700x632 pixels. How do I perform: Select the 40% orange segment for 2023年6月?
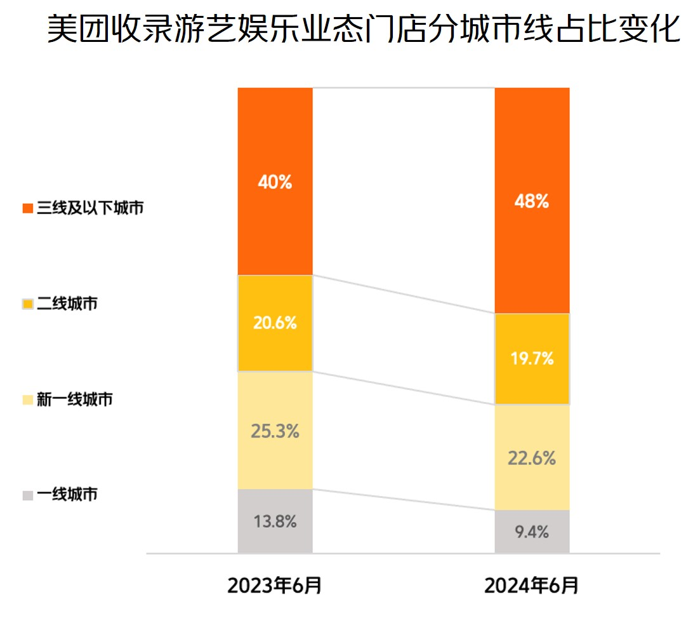275,146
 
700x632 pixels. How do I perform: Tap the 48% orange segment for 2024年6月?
532,159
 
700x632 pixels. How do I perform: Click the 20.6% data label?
275,323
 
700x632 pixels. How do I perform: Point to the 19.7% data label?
532,359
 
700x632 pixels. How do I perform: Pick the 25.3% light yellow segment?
275,407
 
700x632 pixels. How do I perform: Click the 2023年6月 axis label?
275,586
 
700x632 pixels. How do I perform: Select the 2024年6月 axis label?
532,586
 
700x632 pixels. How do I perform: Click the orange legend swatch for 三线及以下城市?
27,208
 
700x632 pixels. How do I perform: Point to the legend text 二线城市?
67,304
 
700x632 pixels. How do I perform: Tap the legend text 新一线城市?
74,400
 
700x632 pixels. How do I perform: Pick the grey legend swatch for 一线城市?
27,495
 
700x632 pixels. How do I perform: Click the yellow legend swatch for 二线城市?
27,304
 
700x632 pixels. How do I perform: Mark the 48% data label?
532,202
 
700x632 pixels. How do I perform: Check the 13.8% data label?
275,522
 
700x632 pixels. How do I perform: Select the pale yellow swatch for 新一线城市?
27,400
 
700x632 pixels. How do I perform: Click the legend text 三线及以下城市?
89,208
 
